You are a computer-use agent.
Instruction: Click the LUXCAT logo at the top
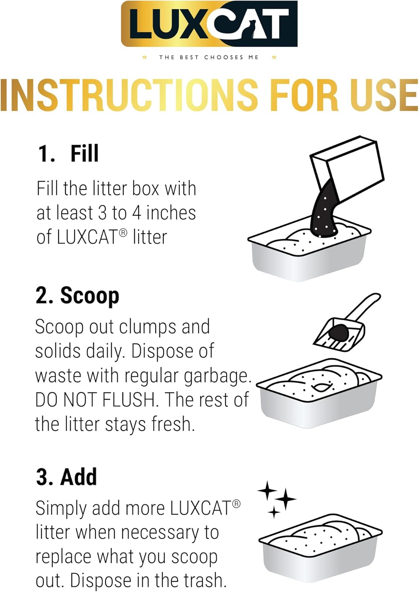[209, 24]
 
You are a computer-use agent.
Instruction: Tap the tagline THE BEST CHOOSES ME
[209, 57]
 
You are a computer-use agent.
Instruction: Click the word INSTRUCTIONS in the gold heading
[129, 95]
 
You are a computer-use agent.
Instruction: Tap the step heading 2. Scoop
[77, 296]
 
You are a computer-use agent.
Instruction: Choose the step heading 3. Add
[66, 476]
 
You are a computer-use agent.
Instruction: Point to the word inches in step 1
[171, 213]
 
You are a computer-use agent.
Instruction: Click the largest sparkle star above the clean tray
[285, 499]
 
